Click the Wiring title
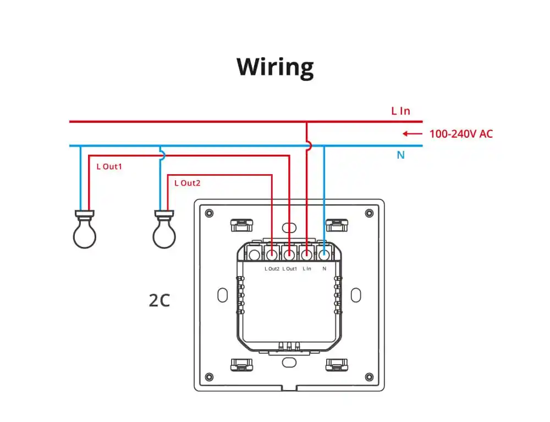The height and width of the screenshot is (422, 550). pyautogui.click(x=275, y=67)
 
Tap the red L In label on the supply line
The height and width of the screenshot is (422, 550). pyautogui.click(x=400, y=111)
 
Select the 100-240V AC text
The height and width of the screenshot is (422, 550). pyautogui.click(x=461, y=134)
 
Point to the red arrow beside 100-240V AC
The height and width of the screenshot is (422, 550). pyautogui.click(x=412, y=134)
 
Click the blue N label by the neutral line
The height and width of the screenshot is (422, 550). pyautogui.click(x=400, y=155)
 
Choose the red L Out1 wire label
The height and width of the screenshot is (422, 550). pyautogui.click(x=109, y=166)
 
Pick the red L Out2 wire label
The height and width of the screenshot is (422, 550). pyautogui.click(x=187, y=183)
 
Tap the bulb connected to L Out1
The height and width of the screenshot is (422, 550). pyautogui.click(x=85, y=231)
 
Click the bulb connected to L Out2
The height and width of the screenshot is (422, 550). pyautogui.click(x=164, y=231)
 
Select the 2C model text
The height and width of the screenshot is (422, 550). pyautogui.click(x=159, y=301)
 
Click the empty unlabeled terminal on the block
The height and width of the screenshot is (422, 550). pyautogui.click(x=254, y=255)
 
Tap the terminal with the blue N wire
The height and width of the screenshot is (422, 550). pyautogui.click(x=324, y=255)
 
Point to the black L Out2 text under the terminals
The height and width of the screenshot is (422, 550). pyautogui.click(x=272, y=269)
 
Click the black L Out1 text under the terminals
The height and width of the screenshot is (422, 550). pyautogui.click(x=289, y=269)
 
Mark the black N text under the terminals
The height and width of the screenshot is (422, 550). pyautogui.click(x=324, y=269)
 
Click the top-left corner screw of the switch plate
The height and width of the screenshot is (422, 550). pyautogui.click(x=208, y=213)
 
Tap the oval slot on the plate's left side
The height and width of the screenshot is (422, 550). pyautogui.click(x=222, y=295)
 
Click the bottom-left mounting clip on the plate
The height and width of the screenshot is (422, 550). pyautogui.click(x=241, y=365)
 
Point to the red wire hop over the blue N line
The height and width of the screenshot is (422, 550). pyautogui.click(x=308, y=146)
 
